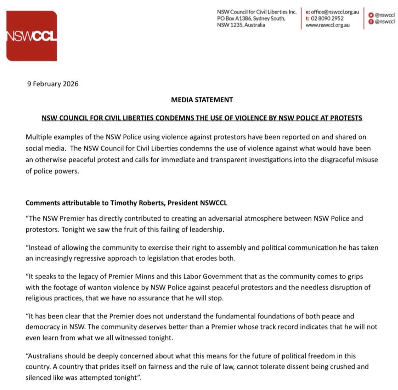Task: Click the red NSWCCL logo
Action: coord(31,36)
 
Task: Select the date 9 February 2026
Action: coord(53,84)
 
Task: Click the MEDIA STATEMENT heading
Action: coord(202,100)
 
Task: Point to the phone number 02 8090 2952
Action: coord(327,18)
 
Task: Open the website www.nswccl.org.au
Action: coord(327,25)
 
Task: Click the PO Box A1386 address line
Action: coord(251,18)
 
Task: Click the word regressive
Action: coord(90,258)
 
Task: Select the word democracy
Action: coord(43,327)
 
